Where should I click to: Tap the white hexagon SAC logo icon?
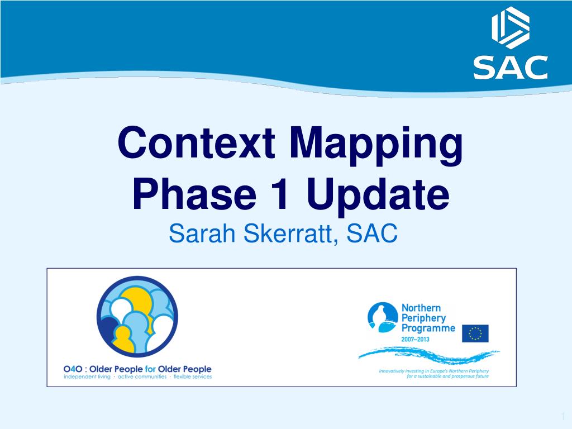click(x=511, y=28)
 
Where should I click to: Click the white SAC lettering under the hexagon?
click(x=511, y=68)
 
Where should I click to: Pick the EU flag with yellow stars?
click(x=475, y=333)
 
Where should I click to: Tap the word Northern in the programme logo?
click(x=421, y=308)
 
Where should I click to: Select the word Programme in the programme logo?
click(x=428, y=328)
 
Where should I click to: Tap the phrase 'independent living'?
click(x=87, y=377)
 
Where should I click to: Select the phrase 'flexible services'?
click(x=192, y=377)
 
